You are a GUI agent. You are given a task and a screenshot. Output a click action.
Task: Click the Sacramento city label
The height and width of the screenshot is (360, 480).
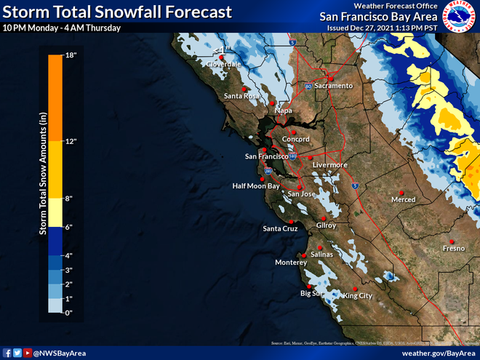[333, 86]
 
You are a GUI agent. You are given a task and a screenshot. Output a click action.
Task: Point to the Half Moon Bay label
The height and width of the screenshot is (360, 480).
[256, 186]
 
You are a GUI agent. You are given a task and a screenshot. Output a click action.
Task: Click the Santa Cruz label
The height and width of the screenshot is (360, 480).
[280, 229]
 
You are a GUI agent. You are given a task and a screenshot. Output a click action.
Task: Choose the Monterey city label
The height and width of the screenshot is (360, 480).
[292, 263]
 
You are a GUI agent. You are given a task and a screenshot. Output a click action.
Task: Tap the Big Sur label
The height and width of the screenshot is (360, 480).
[311, 294]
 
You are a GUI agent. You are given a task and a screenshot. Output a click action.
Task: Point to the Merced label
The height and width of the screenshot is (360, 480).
[403, 200]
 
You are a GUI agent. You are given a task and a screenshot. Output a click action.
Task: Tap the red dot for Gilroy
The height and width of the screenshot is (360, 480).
[321, 218]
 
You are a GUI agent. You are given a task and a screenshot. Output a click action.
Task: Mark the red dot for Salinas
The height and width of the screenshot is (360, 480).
[319, 247]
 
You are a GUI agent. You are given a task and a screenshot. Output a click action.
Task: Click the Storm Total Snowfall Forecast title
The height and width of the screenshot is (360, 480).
[117, 12]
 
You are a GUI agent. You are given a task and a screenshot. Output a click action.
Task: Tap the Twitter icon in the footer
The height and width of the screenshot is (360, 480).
[16, 353]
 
